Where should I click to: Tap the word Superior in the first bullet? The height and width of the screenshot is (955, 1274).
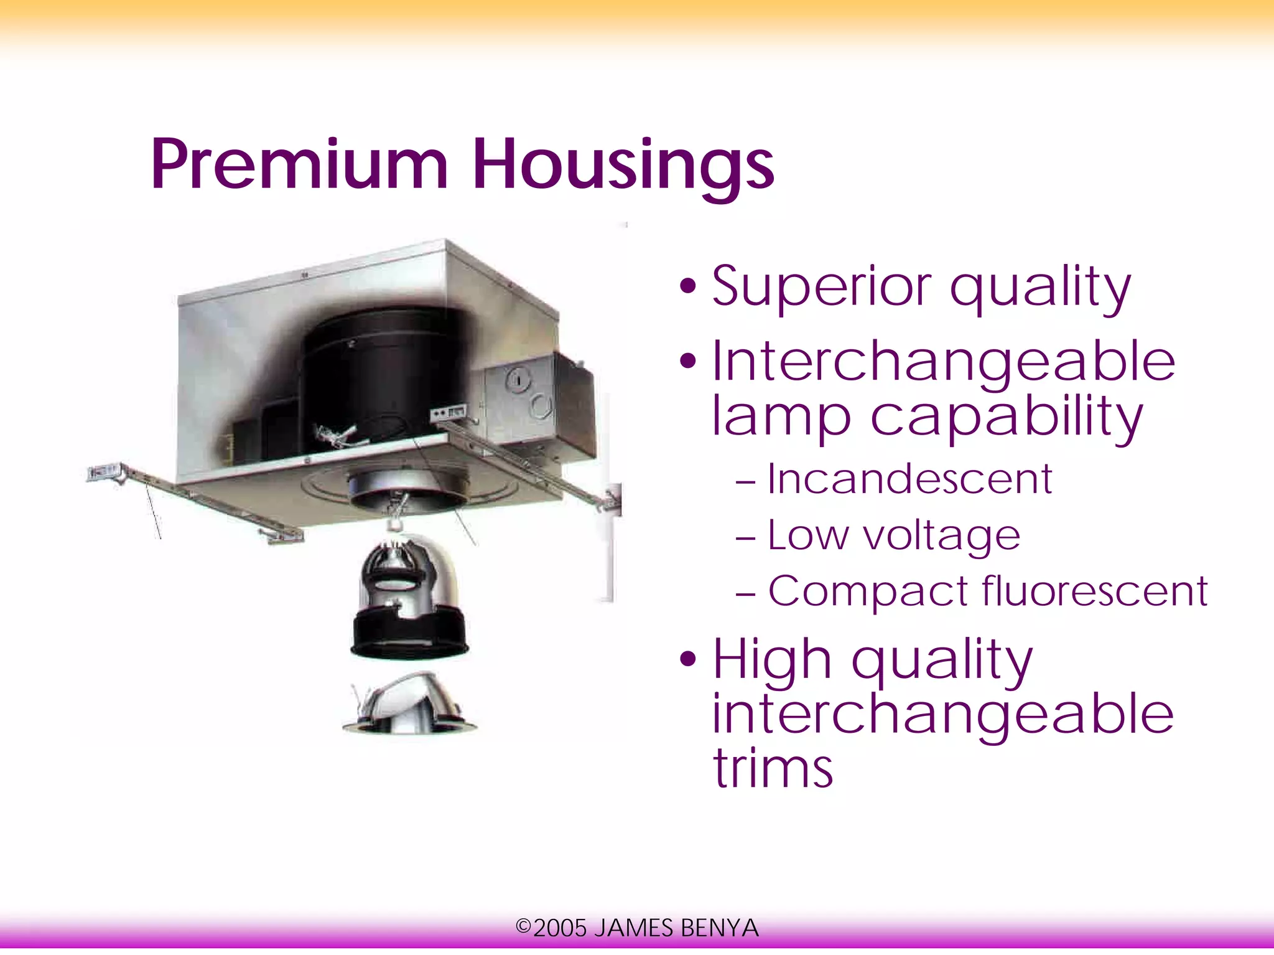(821, 287)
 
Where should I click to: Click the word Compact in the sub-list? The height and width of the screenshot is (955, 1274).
(868, 591)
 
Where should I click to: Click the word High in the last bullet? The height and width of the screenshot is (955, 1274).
(772, 659)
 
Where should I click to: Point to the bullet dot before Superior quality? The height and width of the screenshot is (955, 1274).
(687, 287)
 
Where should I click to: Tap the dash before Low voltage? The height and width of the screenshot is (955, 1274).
(745, 536)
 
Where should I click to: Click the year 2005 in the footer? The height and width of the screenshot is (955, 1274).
(560, 928)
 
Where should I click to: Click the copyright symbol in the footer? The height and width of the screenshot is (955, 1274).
(523, 927)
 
